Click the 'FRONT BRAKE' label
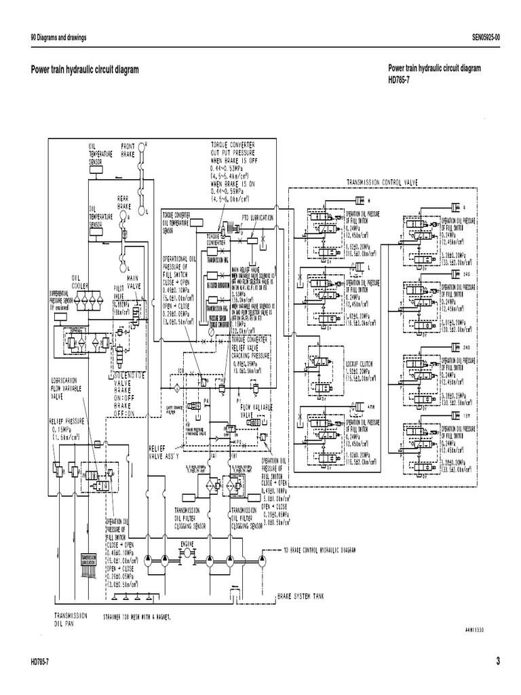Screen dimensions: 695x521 click(128, 150)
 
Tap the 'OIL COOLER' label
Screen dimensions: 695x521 click(81, 281)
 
